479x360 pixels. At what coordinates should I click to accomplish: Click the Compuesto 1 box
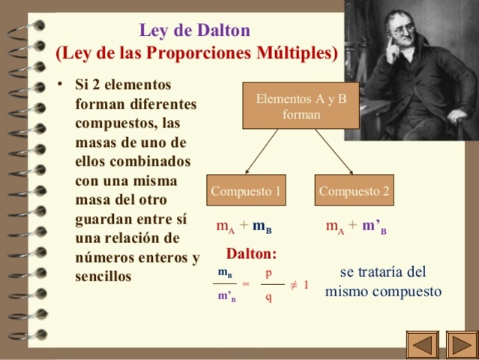246,191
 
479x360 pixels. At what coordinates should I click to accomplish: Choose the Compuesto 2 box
354,191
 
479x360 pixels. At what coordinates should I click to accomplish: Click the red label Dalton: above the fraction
251,253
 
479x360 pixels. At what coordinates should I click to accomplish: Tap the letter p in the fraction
268,272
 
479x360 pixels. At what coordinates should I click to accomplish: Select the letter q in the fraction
268,297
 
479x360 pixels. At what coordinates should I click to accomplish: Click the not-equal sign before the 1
294,285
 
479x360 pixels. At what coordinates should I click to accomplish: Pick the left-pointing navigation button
422,344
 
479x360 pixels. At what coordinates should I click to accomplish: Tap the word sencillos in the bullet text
103,276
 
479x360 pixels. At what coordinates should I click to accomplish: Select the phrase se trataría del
382,271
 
